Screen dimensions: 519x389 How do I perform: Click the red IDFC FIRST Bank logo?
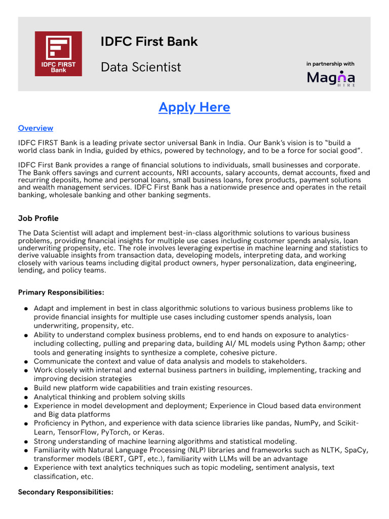click(58, 54)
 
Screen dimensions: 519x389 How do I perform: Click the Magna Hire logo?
click(331, 78)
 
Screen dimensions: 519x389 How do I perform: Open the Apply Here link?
click(194, 107)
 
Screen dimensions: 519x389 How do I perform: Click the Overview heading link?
click(35, 128)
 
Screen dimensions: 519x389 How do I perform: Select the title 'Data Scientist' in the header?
click(141, 67)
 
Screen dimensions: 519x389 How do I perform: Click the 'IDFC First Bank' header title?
click(149, 42)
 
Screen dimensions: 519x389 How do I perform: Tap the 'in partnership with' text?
click(330, 64)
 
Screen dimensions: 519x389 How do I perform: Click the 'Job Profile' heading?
click(38, 218)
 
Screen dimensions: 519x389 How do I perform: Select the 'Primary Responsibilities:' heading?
click(61, 292)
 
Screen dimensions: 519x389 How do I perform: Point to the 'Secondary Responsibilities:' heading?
click(65, 492)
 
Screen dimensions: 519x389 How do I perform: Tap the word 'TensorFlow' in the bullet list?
click(77, 432)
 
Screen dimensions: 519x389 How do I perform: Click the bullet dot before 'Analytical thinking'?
click(26, 397)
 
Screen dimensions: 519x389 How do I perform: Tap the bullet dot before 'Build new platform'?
click(26, 389)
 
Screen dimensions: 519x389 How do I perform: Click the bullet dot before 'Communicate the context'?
click(26, 362)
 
